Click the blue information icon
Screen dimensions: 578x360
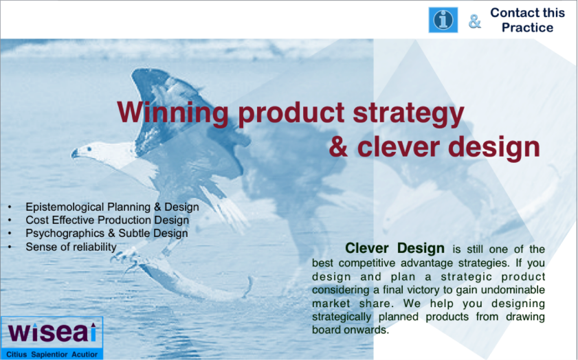click(443, 20)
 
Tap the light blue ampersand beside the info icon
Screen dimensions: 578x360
click(475, 21)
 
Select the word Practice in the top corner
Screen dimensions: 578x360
click(528, 27)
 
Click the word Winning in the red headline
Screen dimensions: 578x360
click(173, 113)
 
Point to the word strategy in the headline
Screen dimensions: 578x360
click(408, 114)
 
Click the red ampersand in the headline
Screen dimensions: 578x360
click(338, 147)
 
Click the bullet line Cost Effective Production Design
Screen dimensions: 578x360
click(107, 220)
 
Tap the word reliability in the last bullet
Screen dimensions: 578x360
click(94, 247)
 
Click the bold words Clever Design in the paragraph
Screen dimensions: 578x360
click(394, 248)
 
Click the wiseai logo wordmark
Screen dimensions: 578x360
click(52, 333)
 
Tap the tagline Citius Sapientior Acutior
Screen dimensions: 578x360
click(52, 355)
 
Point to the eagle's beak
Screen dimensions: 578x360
click(75, 153)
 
